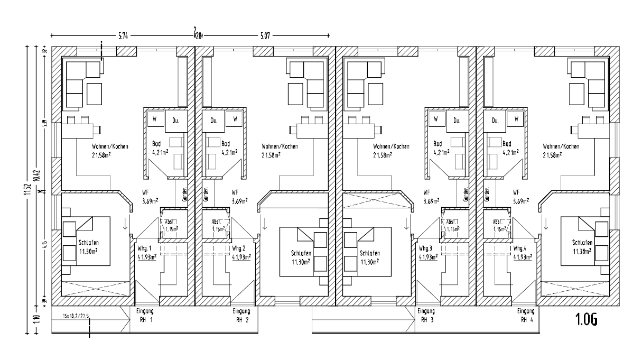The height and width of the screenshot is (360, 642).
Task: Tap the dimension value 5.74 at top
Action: [123, 36]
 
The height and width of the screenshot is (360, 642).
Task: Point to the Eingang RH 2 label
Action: [241, 316]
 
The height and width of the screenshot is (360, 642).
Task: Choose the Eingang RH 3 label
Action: [426, 316]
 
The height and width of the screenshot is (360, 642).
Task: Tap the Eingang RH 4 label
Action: [526, 316]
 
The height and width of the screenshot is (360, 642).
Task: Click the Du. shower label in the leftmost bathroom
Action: [176, 121]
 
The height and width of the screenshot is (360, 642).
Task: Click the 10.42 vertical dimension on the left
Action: [36, 174]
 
